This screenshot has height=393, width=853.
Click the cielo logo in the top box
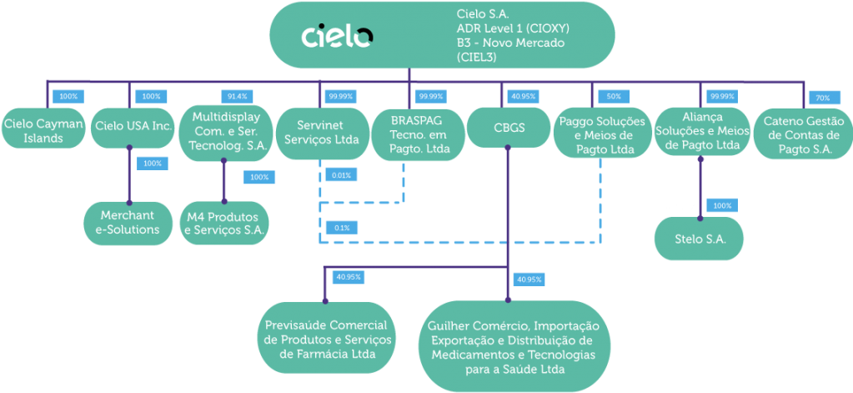[337, 37]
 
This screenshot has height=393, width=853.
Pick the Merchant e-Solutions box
[129, 222]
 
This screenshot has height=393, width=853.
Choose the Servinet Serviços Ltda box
[322, 131]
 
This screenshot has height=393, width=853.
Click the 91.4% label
[237, 96]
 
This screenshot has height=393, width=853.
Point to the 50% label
[613, 96]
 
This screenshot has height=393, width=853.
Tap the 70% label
[822, 98]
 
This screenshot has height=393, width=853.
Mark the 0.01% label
[340, 175]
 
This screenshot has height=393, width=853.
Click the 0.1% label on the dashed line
[341, 227]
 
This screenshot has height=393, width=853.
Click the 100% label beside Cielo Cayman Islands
[68, 96]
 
